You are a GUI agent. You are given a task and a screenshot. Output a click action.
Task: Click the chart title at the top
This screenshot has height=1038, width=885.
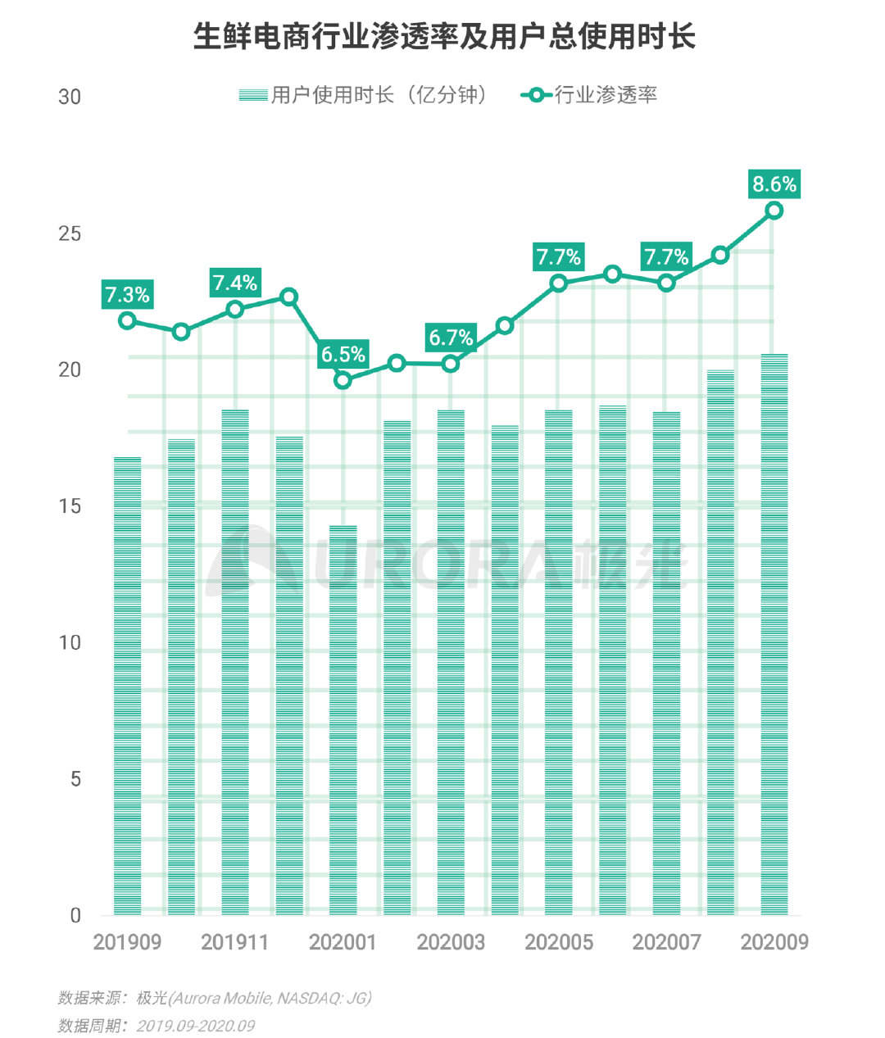(443, 37)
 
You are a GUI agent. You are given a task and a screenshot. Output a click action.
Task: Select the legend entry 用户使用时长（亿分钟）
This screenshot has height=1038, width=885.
(365, 95)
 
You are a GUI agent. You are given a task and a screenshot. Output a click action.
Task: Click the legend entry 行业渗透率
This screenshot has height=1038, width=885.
(590, 95)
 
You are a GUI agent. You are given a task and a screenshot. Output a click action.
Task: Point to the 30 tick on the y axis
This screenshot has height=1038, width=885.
(70, 97)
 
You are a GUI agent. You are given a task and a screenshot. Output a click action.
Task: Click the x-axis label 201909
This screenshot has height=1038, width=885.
(127, 942)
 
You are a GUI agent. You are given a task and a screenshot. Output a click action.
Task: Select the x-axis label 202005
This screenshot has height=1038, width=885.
(558, 942)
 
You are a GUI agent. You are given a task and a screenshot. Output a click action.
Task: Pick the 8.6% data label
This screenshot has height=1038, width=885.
(774, 184)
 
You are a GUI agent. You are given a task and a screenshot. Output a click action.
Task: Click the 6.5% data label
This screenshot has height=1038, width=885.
(343, 354)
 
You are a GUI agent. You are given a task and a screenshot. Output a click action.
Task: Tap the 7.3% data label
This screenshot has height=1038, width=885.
(127, 293)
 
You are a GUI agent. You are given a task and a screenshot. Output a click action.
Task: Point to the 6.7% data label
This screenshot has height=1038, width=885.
(451, 337)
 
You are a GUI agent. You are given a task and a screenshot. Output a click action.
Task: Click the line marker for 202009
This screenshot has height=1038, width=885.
(774, 211)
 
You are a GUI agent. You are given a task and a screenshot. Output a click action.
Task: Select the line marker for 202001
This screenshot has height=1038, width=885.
(343, 380)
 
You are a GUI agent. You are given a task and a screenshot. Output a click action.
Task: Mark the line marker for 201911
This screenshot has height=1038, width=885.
(235, 309)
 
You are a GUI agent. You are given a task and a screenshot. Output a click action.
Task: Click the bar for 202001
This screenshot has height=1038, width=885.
(343, 721)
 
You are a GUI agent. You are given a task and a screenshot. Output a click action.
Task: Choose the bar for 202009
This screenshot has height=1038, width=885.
(774, 635)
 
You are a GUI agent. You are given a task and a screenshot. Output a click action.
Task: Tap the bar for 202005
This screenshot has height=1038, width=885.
(558, 663)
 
